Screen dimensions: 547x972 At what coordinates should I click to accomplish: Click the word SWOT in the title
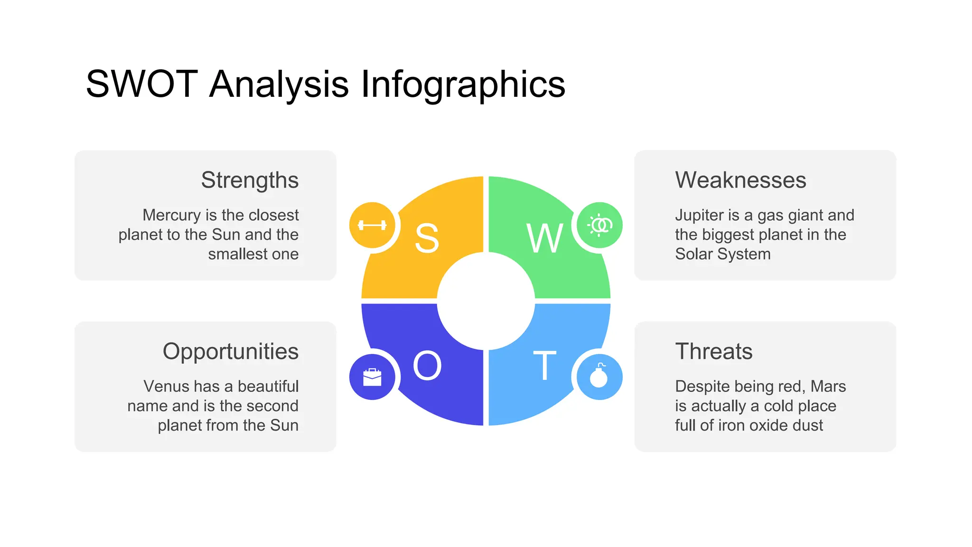(x=141, y=84)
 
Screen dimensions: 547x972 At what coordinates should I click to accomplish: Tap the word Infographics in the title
(x=463, y=84)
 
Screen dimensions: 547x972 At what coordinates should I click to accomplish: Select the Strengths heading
(x=250, y=180)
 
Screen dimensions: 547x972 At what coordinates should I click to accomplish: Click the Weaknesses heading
(x=740, y=180)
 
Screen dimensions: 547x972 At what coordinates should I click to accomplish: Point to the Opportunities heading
(x=231, y=352)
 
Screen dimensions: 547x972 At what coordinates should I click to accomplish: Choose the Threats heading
(x=714, y=352)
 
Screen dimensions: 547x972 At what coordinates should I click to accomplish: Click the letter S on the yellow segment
(x=427, y=238)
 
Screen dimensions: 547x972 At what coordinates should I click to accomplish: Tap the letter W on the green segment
(x=545, y=238)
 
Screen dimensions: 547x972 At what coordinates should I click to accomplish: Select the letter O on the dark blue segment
(x=427, y=366)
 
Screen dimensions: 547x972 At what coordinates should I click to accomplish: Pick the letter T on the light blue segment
(x=544, y=366)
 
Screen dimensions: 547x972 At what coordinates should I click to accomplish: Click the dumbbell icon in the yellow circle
(x=372, y=225)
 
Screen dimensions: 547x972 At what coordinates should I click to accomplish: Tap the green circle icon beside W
(x=599, y=225)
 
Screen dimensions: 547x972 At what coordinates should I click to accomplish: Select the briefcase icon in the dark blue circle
(x=372, y=377)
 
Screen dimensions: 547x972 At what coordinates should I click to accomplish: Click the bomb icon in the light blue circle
(x=599, y=377)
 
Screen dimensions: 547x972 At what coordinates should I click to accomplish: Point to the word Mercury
(x=172, y=216)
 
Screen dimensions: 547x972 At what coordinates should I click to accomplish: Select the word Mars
(x=828, y=387)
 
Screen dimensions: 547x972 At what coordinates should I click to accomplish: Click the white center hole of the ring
(x=486, y=301)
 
